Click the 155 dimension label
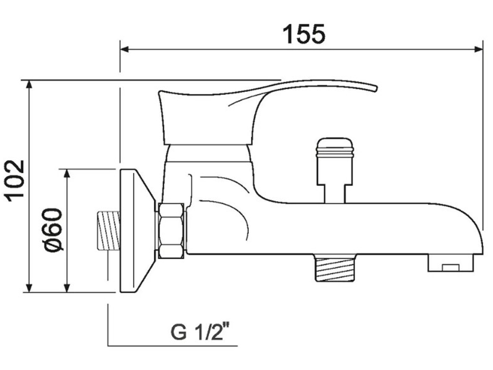(x=304, y=34)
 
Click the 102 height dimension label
(x=15, y=180)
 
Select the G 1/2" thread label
(x=201, y=332)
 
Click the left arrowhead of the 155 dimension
(x=124, y=50)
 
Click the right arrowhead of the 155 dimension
(x=479, y=50)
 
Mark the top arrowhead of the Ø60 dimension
(x=67, y=173)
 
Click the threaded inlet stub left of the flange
(x=108, y=230)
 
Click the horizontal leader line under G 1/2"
(x=172, y=345)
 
